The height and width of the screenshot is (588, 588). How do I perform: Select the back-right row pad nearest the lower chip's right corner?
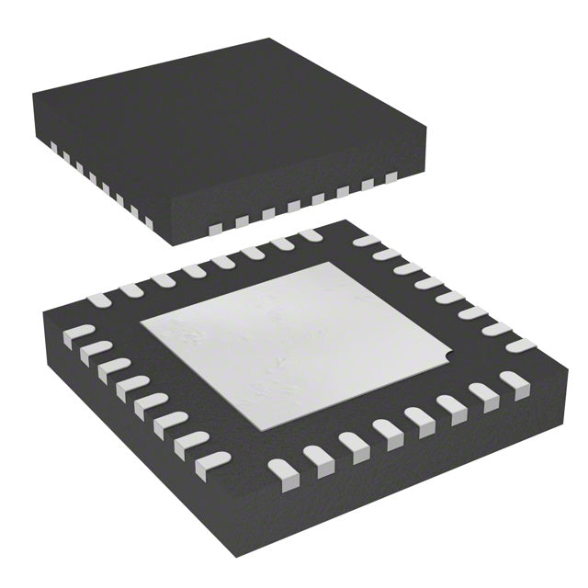522,345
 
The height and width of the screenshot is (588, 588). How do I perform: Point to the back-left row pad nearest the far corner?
311,236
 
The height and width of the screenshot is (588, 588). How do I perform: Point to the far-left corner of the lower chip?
44,314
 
